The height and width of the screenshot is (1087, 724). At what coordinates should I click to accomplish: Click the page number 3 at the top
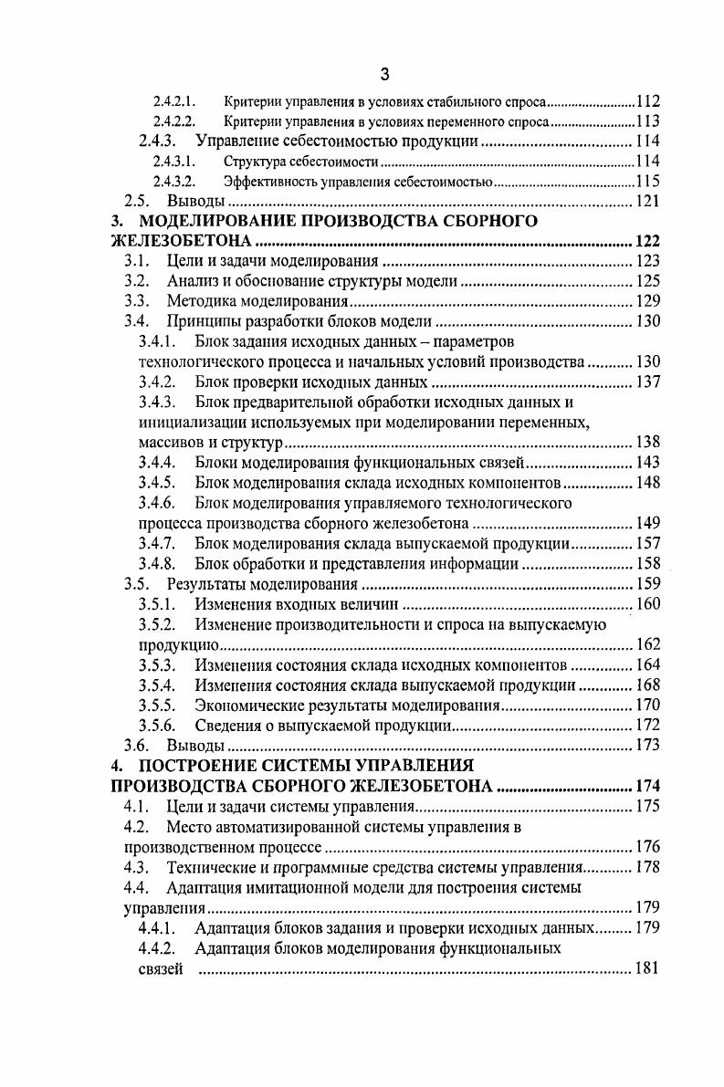point(384,74)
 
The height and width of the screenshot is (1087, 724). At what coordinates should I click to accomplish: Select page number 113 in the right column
point(647,121)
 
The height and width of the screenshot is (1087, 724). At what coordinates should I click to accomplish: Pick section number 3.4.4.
point(156,463)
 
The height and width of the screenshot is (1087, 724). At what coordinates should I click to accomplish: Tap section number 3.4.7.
point(156,544)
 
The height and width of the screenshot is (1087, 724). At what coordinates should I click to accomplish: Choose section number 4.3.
point(136,867)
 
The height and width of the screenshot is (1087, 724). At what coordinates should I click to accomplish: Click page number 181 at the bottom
point(646,968)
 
